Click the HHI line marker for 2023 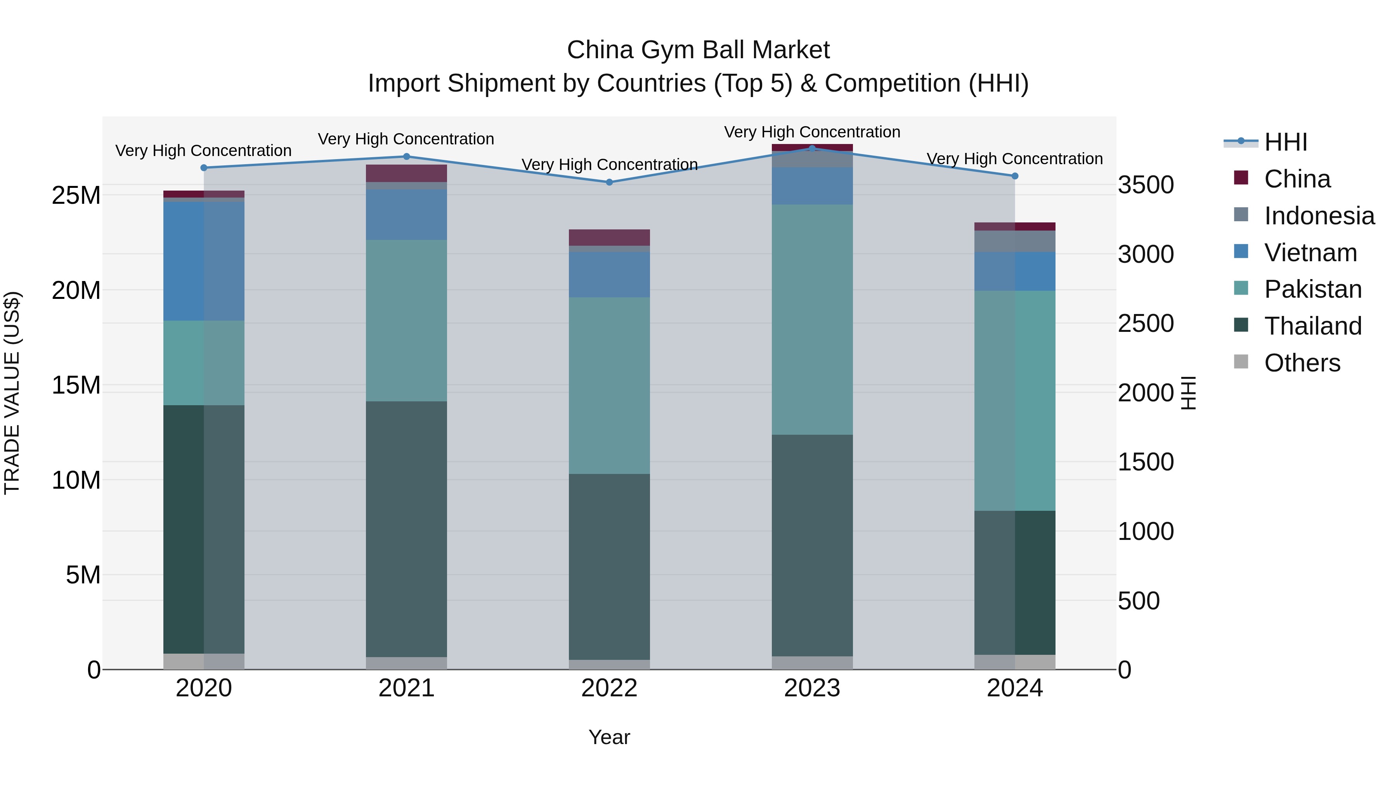[x=812, y=148]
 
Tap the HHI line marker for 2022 [x=609, y=182]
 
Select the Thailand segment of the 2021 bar [x=406, y=529]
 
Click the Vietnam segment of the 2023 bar [x=812, y=186]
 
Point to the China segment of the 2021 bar [x=406, y=173]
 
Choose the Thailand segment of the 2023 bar [x=812, y=545]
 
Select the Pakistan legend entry [x=1312, y=289]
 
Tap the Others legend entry [x=1302, y=363]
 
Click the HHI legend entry [x=1285, y=142]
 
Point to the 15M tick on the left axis [x=76, y=385]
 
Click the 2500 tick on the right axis [x=1146, y=323]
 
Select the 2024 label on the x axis [x=1015, y=688]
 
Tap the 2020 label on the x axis [x=204, y=688]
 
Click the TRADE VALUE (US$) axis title [x=12, y=393]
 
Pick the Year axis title [x=609, y=737]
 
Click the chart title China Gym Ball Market [x=698, y=50]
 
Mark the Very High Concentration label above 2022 [x=609, y=164]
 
